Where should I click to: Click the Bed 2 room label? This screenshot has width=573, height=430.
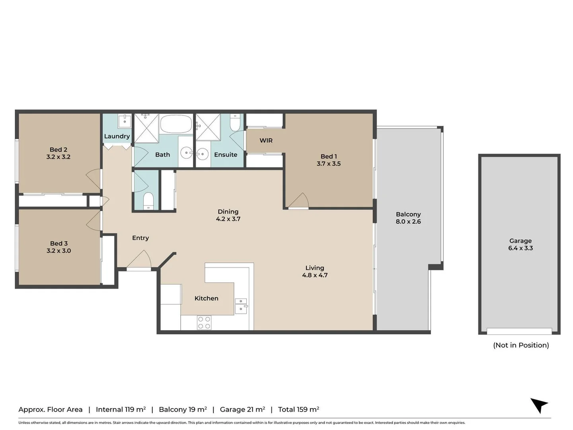click(58, 150)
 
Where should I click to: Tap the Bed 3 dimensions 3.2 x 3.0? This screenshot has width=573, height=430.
click(59, 251)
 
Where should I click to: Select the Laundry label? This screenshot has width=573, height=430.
click(117, 136)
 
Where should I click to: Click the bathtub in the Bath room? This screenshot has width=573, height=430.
click(176, 124)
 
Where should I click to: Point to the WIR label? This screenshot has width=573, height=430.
click(266, 141)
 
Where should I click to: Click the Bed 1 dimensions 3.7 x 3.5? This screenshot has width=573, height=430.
click(329, 164)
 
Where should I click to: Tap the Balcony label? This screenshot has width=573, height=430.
click(408, 214)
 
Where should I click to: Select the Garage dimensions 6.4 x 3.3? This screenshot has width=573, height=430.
click(520, 248)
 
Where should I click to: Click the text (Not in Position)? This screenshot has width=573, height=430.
click(521, 345)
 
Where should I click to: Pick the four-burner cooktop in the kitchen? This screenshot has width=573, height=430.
click(204, 322)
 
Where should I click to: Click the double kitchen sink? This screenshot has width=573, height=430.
click(241, 306)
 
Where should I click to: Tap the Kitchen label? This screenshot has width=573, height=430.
click(206, 298)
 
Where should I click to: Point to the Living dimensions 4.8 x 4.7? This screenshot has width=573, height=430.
click(315, 275)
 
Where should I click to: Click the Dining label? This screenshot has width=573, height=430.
click(228, 212)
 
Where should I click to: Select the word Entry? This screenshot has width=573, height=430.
click(140, 238)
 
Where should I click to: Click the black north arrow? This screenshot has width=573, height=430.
click(540, 405)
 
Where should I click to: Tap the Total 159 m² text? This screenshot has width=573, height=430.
click(298, 409)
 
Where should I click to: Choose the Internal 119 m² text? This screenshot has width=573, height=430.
click(121, 409)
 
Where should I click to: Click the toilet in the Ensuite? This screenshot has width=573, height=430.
click(235, 122)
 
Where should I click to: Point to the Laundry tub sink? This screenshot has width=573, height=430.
click(125, 121)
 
